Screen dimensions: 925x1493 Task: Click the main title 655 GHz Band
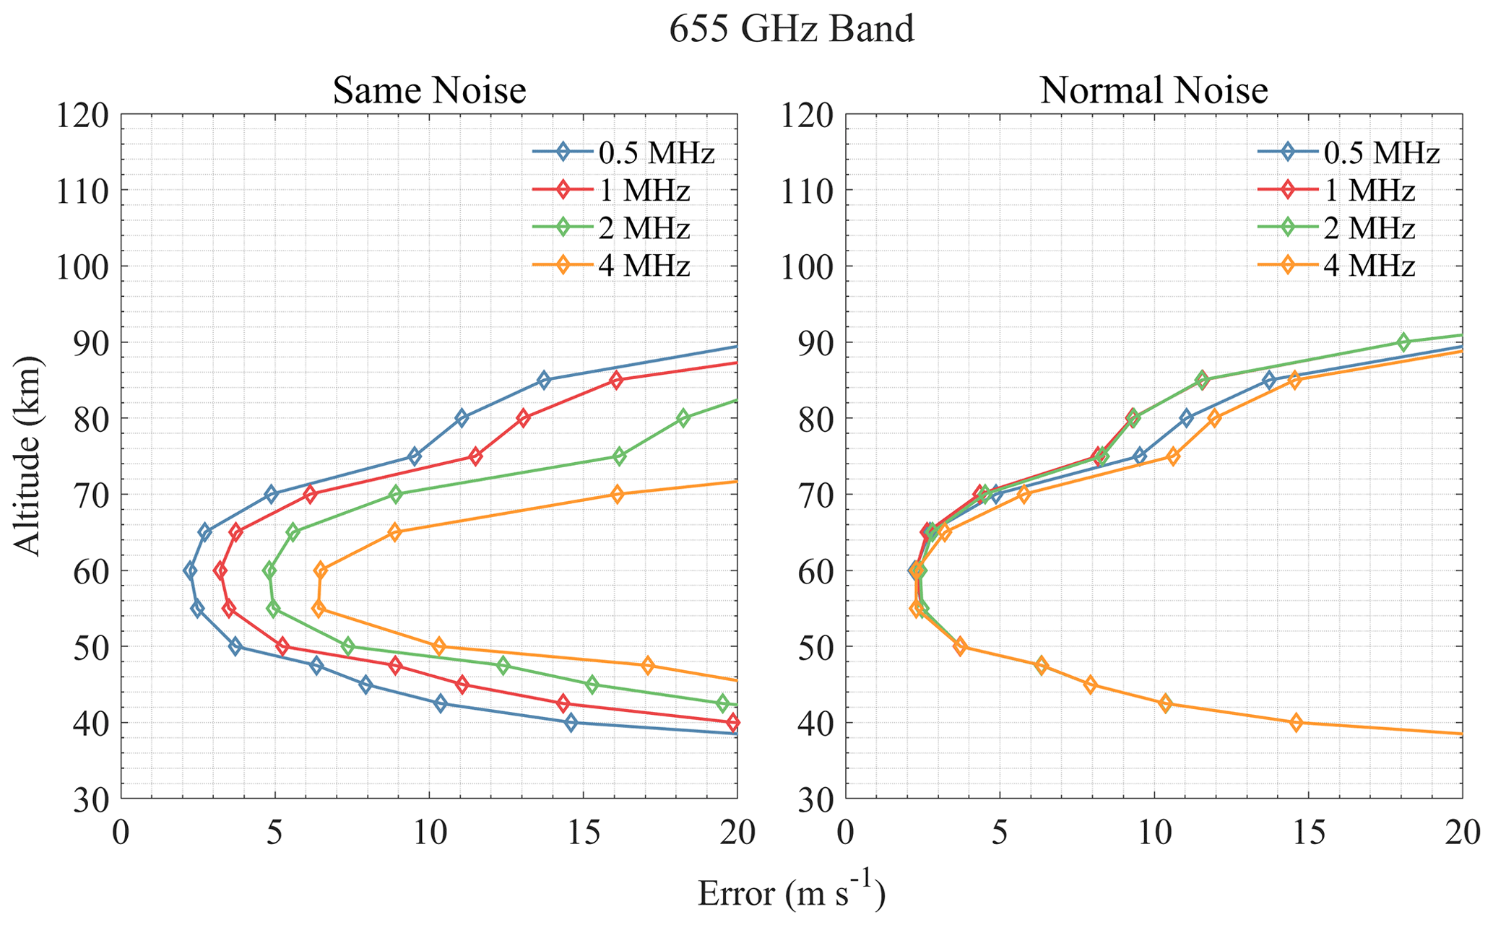792,30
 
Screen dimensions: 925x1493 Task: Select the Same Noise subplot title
429,92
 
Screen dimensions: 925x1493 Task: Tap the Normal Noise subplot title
1154,92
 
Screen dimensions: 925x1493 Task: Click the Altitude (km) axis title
29,456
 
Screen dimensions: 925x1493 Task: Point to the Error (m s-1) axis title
791,894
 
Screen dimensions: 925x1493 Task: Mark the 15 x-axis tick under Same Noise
583,834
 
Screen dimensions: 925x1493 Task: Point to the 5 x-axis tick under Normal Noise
1000,834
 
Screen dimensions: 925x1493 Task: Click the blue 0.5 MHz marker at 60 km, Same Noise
190,570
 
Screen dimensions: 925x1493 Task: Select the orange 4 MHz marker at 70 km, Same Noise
617,495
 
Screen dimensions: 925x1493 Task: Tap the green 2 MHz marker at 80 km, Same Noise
683,418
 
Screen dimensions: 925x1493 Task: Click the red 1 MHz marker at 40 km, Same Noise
733,722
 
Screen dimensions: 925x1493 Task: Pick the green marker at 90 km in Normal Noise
1403,342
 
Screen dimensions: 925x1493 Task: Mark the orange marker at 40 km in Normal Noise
1296,722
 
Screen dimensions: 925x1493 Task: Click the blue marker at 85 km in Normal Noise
1269,381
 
